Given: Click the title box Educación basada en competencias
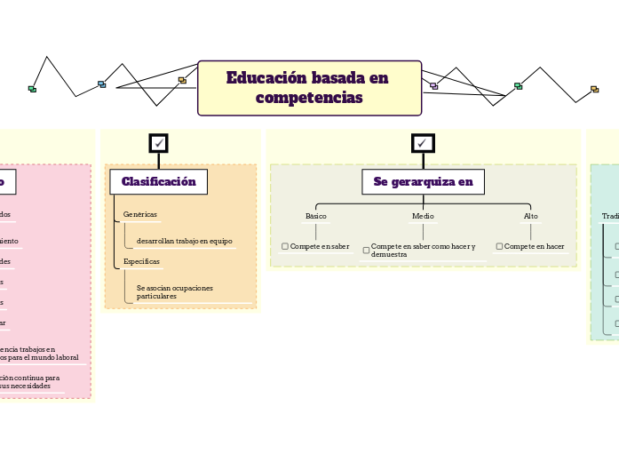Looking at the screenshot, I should coord(309,88).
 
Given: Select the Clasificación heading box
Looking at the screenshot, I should coord(158,182).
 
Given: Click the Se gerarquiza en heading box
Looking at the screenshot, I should coord(423,182).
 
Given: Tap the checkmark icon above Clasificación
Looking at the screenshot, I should coord(158,143).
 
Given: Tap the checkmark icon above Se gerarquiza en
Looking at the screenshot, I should coord(423,143).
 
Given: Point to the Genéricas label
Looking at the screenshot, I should coord(139,214).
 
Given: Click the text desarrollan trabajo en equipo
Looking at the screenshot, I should coord(184,241).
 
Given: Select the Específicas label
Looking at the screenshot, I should coord(141,261).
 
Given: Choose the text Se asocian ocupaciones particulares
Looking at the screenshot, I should coord(175,291).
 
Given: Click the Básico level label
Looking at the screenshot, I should coord(316,216).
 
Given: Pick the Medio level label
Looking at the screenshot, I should coord(423,216).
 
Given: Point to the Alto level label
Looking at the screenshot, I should coord(530,216).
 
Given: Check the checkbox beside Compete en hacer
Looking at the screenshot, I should coord(499,246).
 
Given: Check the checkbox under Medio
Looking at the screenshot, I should coord(366,251).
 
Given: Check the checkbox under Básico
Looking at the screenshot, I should coord(285,246).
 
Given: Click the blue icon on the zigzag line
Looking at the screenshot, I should coord(101,84).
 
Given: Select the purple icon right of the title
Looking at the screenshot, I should coord(433,86).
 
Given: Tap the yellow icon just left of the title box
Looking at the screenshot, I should coord(182,81).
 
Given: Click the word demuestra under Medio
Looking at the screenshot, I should coord(389,254).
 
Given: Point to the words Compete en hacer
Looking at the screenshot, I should coord(534,246).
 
